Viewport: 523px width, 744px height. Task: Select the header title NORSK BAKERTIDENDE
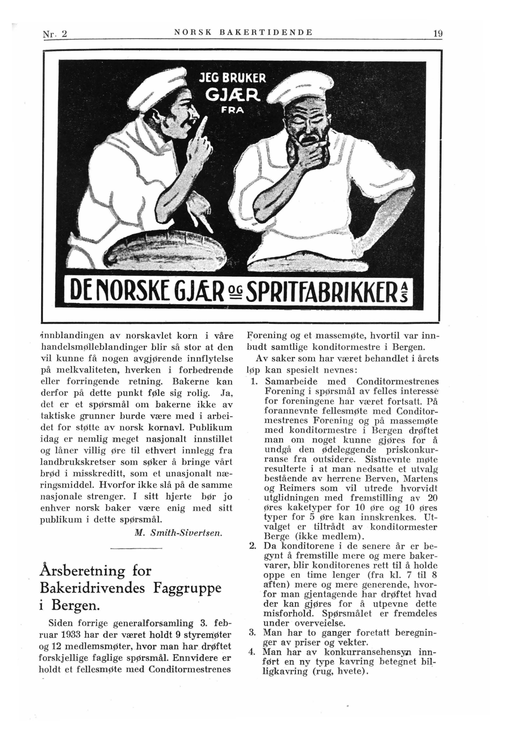[243, 32]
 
